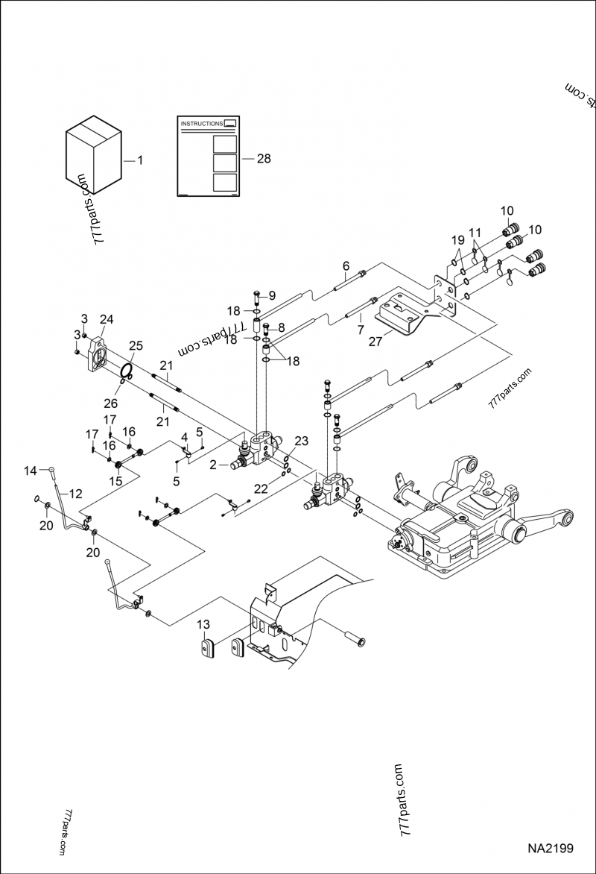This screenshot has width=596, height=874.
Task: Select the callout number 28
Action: (264, 159)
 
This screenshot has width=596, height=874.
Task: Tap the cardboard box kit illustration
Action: (93, 152)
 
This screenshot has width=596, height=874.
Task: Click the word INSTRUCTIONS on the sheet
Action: (202, 124)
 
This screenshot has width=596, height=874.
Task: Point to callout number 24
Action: (107, 320)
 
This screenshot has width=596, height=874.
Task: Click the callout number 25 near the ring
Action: (136, 346)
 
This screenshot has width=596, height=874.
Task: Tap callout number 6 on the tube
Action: (346, 266)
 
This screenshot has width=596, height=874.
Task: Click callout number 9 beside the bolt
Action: (272, 295)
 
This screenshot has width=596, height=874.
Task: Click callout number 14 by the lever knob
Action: (30, 470)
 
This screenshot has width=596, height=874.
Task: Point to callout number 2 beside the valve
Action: (213, 464)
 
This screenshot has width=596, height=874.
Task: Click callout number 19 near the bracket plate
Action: (457, 240)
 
